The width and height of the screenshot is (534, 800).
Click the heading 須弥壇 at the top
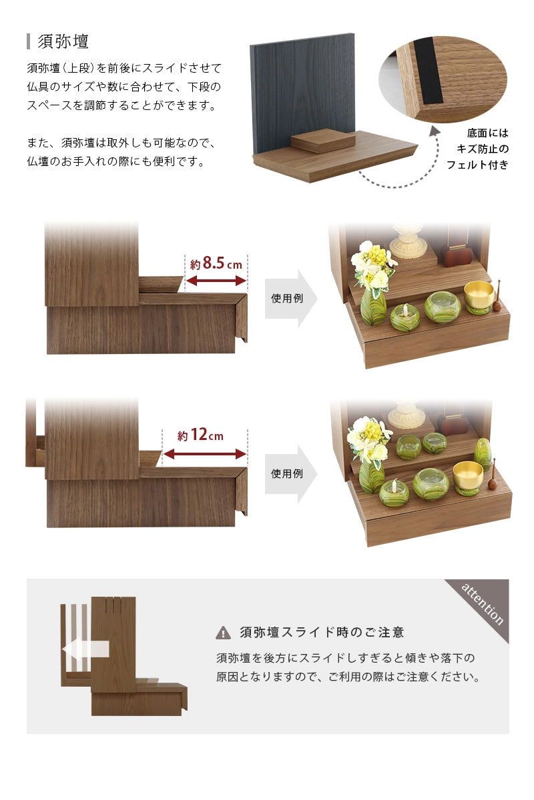tap(63, 41)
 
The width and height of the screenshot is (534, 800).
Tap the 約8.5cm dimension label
tap(216, 263)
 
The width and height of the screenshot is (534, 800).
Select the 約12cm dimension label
tap(200, 436)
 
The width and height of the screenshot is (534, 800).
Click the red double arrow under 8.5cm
tap(216, 281)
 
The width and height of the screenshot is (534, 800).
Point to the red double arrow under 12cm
tap(204, 454)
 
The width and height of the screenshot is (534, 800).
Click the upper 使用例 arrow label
tap(287, 298)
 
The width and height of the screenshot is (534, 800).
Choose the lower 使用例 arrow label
tap(287, 473)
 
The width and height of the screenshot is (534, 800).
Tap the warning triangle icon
tap(223, 633)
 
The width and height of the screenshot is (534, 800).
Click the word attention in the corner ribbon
tap(483, 604)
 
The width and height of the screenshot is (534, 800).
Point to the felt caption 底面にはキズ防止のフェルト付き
tap(477, 149)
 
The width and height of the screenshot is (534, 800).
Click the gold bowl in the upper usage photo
tap(479, 294)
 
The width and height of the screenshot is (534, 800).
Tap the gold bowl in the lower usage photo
tap(467, 473)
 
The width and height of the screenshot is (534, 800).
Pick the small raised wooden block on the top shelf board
tap(324, 141)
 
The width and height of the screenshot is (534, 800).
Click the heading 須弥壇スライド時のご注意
tap(322, 633)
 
